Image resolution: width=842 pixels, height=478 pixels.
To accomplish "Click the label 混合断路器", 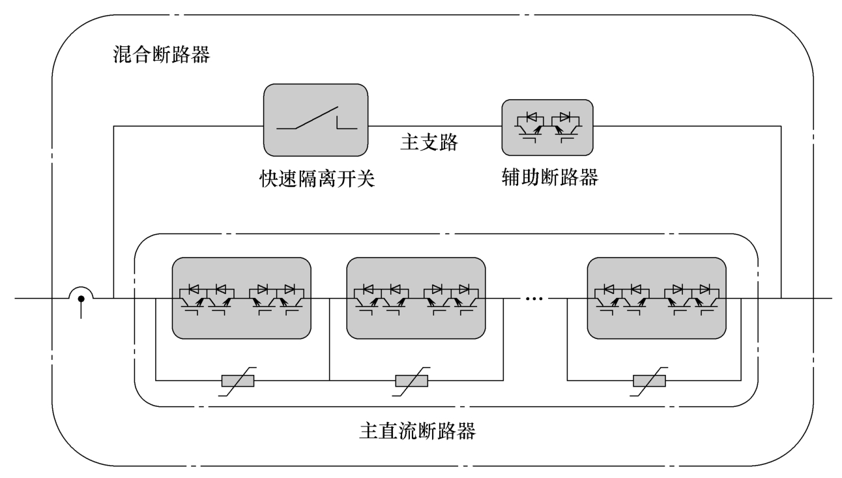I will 162,54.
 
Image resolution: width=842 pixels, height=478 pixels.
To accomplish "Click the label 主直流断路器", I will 417,431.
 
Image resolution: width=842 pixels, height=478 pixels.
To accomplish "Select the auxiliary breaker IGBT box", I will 547,125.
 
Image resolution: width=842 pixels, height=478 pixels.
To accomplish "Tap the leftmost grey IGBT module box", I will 241,298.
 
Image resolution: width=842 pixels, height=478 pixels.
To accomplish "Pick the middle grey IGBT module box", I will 416,298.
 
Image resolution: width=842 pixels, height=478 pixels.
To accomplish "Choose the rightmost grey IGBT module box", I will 656,298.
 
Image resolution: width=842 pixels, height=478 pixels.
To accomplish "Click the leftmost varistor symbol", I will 238,381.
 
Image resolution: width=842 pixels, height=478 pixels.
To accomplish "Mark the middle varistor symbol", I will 412,381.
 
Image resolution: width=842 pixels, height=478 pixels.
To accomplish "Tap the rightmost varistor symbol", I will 650,381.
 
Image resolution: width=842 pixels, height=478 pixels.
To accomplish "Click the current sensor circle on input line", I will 81,299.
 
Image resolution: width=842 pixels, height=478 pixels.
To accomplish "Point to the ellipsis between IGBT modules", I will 534,299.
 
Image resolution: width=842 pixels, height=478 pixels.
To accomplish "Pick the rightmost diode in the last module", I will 705,288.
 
